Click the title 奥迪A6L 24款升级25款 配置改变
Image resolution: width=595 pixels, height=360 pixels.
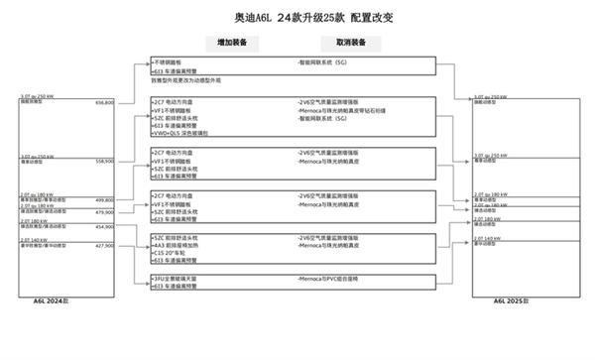tap(297, 17)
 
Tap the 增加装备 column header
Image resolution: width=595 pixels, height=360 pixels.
tap(232, 43)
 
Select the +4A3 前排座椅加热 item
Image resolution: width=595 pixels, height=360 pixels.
tap(179, 245)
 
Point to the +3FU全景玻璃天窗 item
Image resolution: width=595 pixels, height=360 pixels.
tap(178, 280)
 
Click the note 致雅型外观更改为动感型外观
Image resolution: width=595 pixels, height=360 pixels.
tap(187, 80)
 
